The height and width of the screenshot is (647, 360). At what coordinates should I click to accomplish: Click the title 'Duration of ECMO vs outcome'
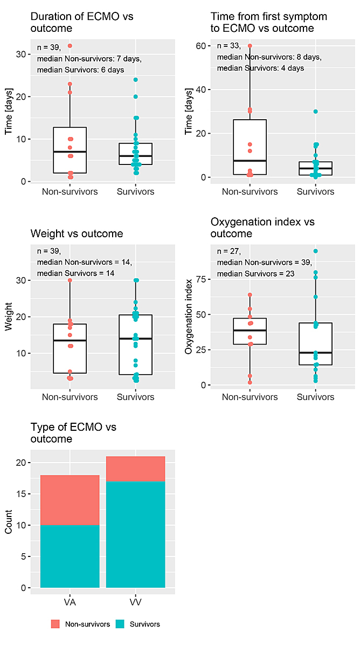coord(82,22)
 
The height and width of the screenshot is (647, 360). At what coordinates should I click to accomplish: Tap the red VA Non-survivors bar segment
coord(70,500)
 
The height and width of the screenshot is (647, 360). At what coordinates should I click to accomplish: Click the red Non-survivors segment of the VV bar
coord(136,469)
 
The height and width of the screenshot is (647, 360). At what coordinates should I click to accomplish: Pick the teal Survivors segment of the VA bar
coord(70,556)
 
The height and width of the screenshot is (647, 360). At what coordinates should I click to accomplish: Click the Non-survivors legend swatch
coord(56,624)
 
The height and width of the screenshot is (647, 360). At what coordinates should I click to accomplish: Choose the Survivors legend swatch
coord(120,624)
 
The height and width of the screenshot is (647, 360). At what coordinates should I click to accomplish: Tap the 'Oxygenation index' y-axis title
coord(188,320)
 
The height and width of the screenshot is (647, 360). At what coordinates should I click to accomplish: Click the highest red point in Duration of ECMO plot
coord(70,46)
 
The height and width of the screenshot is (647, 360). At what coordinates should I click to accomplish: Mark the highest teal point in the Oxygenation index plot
coord(315,251)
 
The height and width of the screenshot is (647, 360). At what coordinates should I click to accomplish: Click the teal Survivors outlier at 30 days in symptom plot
coord(315,112)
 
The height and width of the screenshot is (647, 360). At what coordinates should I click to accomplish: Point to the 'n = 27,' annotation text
coord(229,251)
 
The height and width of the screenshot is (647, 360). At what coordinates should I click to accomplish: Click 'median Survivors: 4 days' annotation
coord(260,68)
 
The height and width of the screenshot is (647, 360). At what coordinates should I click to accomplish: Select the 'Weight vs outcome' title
coord(77,233)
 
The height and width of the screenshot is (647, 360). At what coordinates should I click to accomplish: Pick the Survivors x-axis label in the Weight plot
coord(136,397)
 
